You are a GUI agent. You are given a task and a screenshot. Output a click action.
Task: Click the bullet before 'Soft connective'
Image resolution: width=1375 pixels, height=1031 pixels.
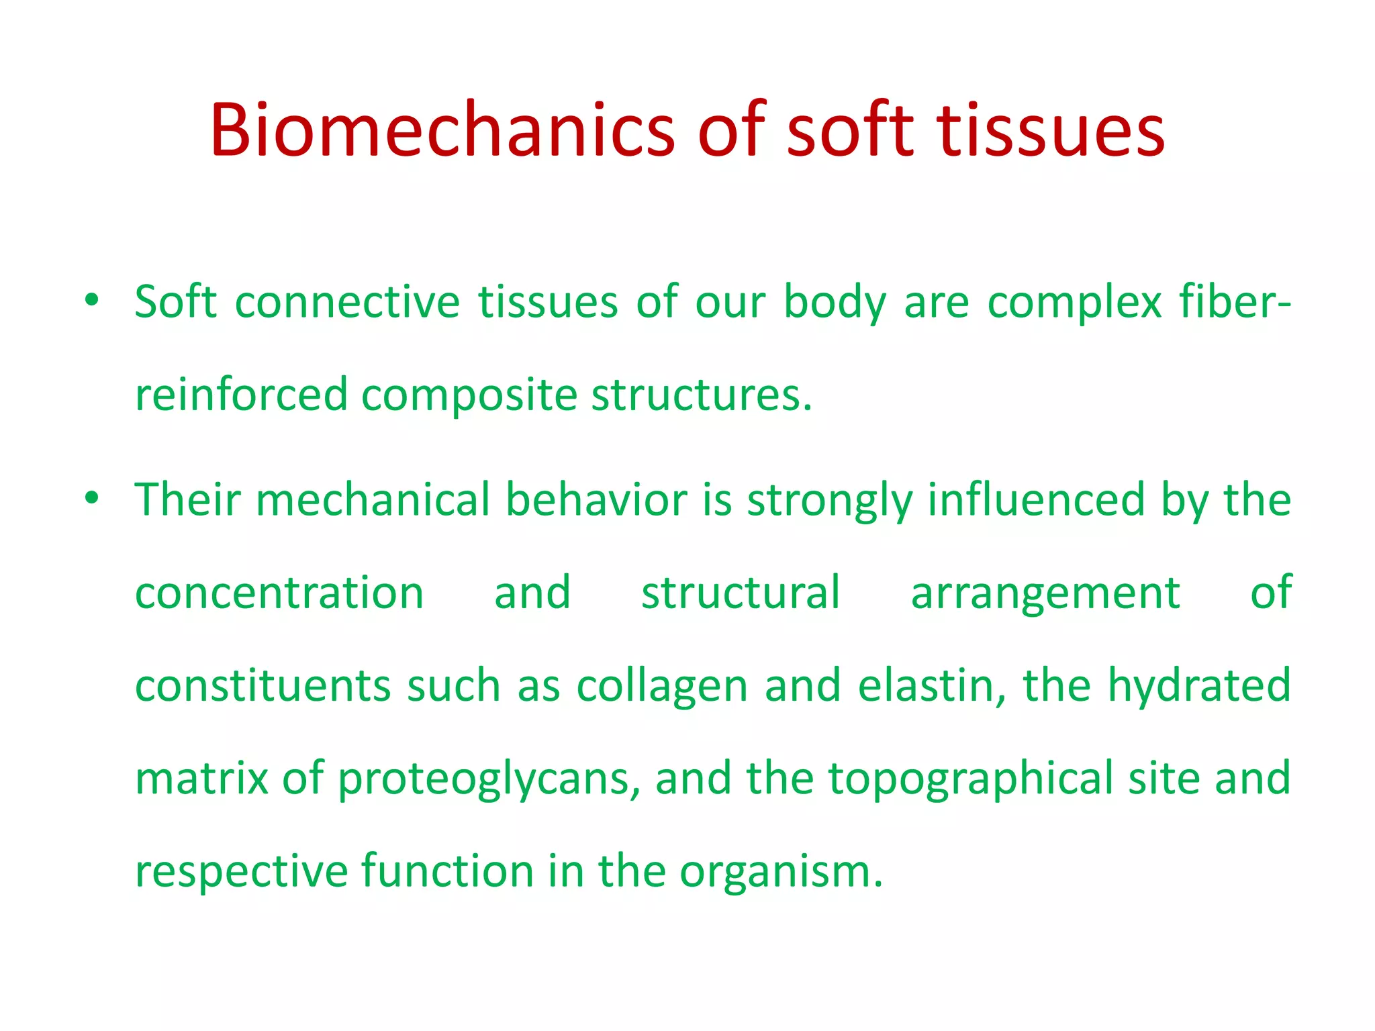(92, 299)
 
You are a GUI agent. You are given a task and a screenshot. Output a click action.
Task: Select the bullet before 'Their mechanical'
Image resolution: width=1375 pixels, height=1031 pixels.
(92, 498)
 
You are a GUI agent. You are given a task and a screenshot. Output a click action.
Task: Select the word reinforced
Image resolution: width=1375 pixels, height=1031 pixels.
(241, 395)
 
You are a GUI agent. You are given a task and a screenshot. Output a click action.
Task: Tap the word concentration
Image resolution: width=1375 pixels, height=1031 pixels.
(279, 593)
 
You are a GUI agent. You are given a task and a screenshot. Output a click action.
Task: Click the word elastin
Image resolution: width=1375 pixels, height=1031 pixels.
(931, 686)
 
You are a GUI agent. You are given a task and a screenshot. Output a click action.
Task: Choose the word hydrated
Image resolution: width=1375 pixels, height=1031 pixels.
(1199, 686)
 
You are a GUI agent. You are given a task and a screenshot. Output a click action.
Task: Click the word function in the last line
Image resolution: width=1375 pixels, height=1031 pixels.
(448, 871)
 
